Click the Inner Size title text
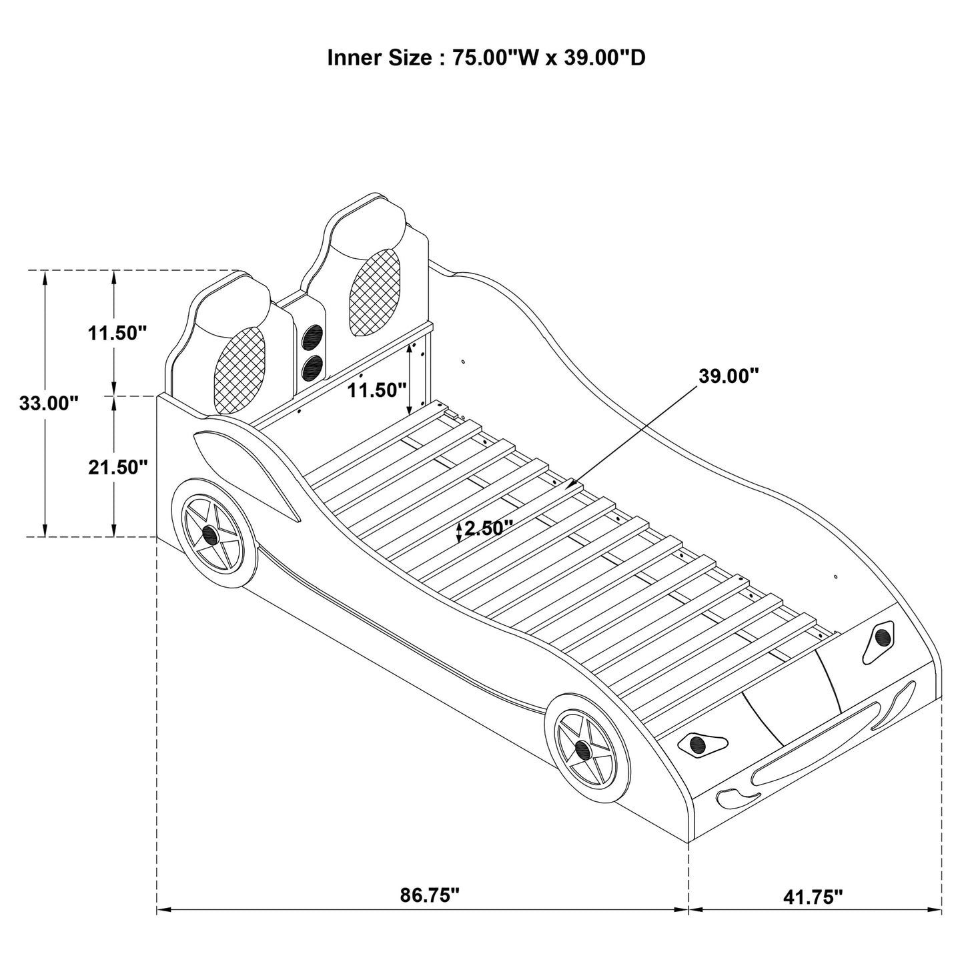coord(486,58)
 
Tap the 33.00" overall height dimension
coord(49,403)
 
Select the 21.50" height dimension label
coord(117,467)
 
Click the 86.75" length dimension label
coord(430,895)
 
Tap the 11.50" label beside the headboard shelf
coord(377,390)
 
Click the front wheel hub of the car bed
coord(583,750)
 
